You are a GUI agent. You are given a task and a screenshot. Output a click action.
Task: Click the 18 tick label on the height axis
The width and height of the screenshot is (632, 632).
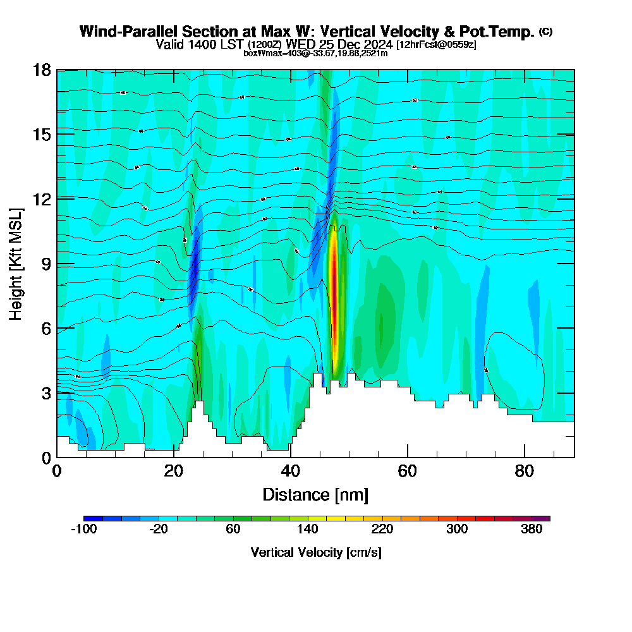42,70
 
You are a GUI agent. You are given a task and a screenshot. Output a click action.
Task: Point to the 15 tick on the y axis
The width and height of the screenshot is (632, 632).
42,134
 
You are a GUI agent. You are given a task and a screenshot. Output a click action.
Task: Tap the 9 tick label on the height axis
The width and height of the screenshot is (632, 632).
46,264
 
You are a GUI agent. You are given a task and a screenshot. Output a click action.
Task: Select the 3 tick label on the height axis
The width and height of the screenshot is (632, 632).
46,393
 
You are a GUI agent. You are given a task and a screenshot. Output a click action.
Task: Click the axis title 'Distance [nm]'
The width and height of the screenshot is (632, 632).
315,494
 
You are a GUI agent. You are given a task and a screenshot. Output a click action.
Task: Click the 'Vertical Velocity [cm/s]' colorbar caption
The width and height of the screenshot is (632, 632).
315,552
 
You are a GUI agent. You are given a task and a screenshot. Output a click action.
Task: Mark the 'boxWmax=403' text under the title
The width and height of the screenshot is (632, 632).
266,53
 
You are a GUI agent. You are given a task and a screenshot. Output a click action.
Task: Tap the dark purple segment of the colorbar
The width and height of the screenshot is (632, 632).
541,518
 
